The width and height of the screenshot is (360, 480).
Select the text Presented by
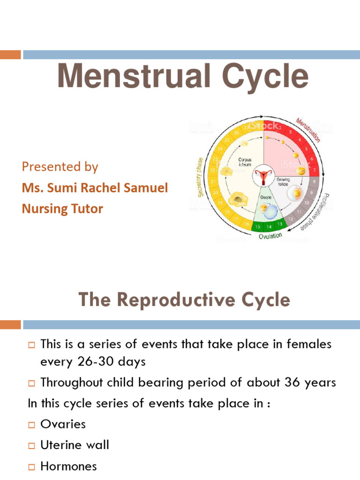[60, 167]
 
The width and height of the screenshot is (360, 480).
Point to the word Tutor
[87, 209]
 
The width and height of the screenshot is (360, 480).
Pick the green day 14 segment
[269, 226]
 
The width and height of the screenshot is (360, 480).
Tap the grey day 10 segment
[307, 202]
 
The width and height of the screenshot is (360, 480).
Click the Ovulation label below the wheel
[270, 236]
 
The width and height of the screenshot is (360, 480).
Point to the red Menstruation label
[308, 130]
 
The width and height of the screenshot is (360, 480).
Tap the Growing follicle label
[283, 181]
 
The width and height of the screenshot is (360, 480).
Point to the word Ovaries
[63, 424]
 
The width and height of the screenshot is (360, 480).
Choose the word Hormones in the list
[69, 466]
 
